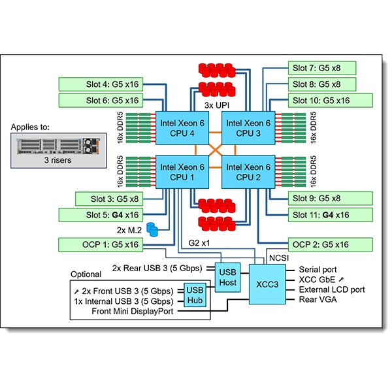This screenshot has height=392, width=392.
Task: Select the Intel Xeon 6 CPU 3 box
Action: point(249,128)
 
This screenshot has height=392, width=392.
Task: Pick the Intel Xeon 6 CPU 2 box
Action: point(249,172)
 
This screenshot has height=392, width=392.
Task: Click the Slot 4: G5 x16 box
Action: point(101,84)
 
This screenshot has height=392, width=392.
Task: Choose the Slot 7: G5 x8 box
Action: point(322,68)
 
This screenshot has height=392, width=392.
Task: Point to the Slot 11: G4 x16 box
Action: point(330,214)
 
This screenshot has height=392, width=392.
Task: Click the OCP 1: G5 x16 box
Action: point(101,244)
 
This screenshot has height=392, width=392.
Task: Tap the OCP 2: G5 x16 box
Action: point(330,244)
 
